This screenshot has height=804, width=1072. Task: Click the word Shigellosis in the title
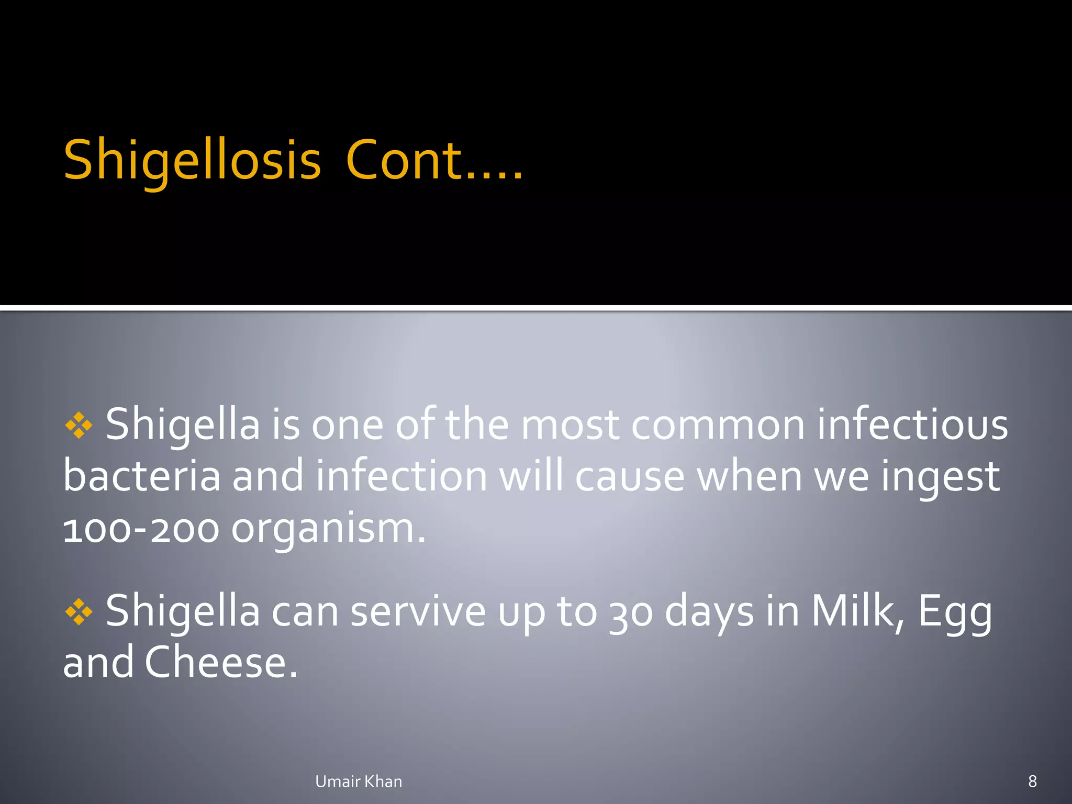(192, 160)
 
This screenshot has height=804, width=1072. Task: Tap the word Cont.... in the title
(434, 160)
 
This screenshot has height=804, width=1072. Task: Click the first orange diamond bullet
(79, 426)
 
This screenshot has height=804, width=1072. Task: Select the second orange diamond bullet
(79, 611)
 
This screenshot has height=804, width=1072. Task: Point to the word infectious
(912, 425)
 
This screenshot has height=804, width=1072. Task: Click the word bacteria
(142, 476)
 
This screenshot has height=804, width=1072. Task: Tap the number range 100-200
(141, 529)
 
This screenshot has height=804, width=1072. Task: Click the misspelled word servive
(418, 611)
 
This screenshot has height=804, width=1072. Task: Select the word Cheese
(221, 663)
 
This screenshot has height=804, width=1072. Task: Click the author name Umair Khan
(359, 781)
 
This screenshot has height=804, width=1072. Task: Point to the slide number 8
(1032, 781)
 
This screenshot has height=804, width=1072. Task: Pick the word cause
(630, 476)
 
